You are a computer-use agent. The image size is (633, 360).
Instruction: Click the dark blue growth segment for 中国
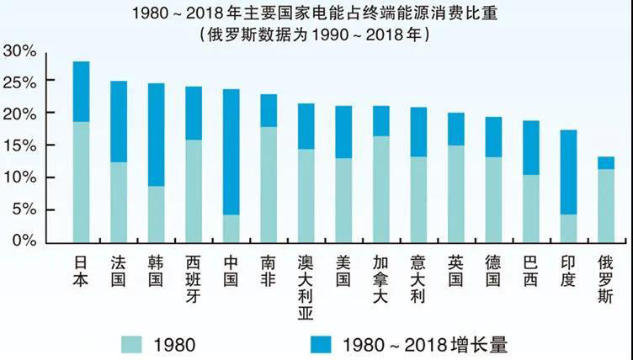[231, 152]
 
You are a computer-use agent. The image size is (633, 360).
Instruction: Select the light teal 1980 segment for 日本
[81, 182]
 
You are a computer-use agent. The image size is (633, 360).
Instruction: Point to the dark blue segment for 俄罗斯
[606, 163]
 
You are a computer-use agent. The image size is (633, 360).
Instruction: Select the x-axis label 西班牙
[194, 272]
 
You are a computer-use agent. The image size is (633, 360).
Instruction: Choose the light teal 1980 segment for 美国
[343, 200]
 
